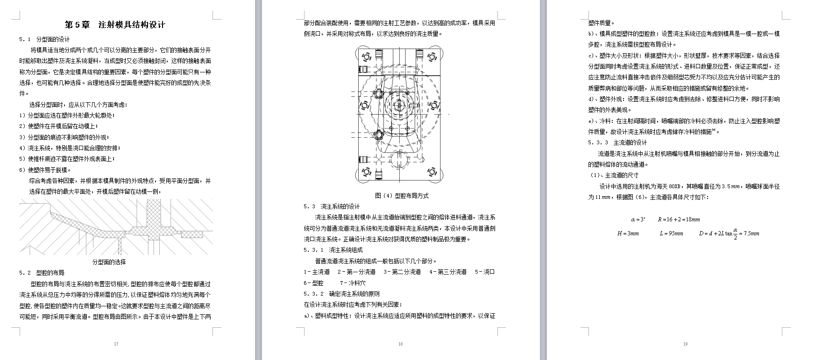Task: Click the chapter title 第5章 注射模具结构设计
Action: (114, 25)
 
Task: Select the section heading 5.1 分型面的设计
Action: (44, 39)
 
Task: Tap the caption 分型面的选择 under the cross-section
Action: (109, 262)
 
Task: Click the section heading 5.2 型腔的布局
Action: (42, 273)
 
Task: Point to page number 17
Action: (116, 344)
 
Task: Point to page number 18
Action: (400, 344)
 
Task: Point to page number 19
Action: (685, 344)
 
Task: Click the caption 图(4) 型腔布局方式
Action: (402, 196)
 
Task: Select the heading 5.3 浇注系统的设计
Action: (332, 206)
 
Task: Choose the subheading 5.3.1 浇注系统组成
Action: (333, 250)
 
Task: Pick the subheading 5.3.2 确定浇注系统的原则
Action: (341, 294)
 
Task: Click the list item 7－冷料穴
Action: (353, 283)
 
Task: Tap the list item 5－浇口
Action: (484, 272)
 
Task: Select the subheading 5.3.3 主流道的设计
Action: (617, 142)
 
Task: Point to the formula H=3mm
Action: (628, 233)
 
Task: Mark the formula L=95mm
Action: (671, 233)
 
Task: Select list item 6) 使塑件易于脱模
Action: (45, 170)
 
